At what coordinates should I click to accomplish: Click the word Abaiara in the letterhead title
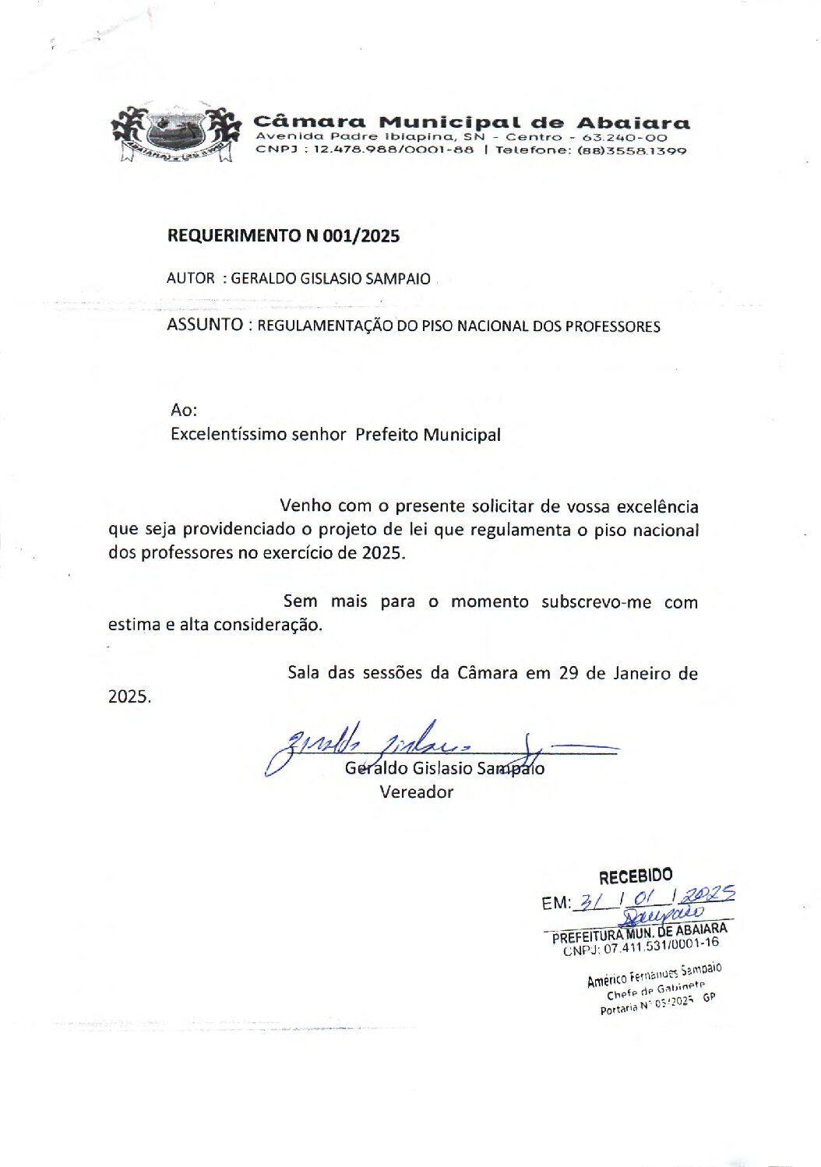click(x=632, y=123)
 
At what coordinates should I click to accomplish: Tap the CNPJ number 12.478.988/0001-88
click(x=393, y=150)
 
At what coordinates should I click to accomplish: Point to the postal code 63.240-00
click(x=625, y=137)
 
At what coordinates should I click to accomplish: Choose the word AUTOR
click(x=191, y=278)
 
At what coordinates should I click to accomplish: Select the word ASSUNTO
click(x=205, y=325)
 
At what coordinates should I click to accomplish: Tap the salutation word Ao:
click(x=184, y=410)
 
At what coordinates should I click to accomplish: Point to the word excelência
click(x=657, y=506)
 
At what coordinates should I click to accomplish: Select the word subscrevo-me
click(x=596, y=602)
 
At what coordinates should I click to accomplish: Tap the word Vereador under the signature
click(x=416, y=792)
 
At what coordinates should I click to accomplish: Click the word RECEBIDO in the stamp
click(x=635, y=876)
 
